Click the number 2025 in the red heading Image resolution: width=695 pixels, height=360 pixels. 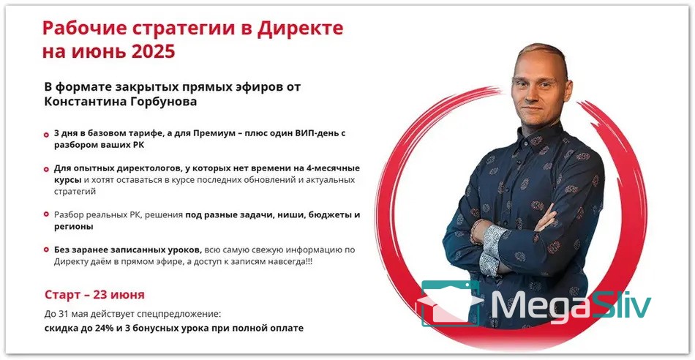click(153, 51)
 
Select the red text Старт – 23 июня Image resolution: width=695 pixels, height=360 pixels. click(94, 295)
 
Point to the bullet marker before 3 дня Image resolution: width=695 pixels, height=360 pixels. click(46, 135)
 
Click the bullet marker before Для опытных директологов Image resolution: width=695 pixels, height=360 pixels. click(46, 169)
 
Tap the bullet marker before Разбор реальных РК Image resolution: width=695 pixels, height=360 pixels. click(46, 214)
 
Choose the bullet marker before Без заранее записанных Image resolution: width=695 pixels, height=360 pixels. click(46, 250)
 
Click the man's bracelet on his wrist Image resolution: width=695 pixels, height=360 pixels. click(475, 231)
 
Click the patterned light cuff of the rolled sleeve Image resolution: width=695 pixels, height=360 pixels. click(491, 250)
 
